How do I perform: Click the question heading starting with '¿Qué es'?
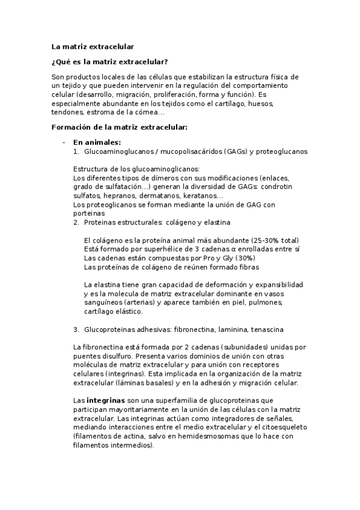tap(110, 61)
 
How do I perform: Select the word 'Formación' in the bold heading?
tap(73, 127)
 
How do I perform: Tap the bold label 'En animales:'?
tap(97, 143)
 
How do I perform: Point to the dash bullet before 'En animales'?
tap(64, 143)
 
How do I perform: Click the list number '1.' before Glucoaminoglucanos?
tap(76, 152)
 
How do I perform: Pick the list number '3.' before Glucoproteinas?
tap(76, 330)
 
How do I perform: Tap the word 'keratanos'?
tap(204, 195)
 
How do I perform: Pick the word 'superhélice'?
tap(153, 249)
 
